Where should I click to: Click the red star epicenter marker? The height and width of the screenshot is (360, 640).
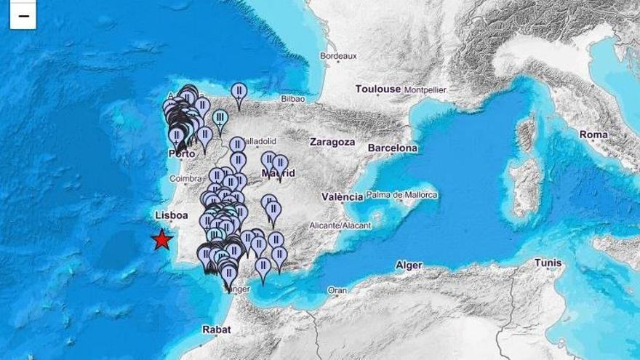click(x=161, y=239)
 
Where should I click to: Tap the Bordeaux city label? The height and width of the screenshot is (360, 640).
click(x=339, y=55)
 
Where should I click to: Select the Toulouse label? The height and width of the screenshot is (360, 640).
click(x=378, y=89)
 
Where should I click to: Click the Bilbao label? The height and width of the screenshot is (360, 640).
click(x=293, y=97)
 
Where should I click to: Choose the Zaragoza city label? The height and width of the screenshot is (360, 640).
click(x=332, y=142)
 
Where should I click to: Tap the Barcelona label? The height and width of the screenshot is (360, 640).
click(x=393, y=148)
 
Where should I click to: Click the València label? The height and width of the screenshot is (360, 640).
click(x=342, y=196)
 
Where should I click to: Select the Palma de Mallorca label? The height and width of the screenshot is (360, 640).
click(x=402, y=195)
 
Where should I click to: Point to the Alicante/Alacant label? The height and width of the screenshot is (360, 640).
click(x=340, y=225)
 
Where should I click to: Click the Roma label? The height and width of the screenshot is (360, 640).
click(x=593, y=135)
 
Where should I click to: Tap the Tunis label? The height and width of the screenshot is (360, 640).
click(x=548, y=263)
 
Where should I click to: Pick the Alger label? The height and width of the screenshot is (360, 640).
click(x=409, y=265)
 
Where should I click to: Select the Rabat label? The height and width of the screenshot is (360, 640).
click(x=217, y=329)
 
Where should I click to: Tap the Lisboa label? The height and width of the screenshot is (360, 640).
click(x=172, y=215)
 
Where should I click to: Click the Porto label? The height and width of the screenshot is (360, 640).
click(x=181, y=153)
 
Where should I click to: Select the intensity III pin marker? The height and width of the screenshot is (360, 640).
click(x=220, y=117)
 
